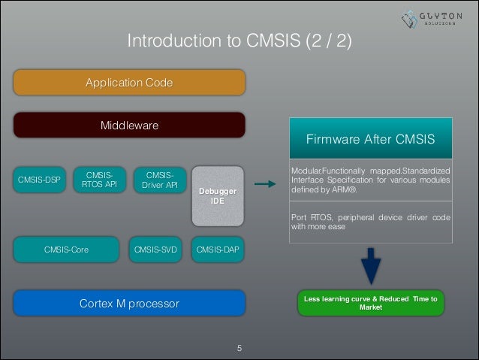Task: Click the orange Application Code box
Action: pos(129,82)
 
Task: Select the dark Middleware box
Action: pos(129,125)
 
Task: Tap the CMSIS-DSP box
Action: pos(39,180)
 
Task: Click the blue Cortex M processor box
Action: pos(129,304)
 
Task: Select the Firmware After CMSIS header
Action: pos(370,139)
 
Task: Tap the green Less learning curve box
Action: pos(370,302)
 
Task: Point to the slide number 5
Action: pos(239,348)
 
